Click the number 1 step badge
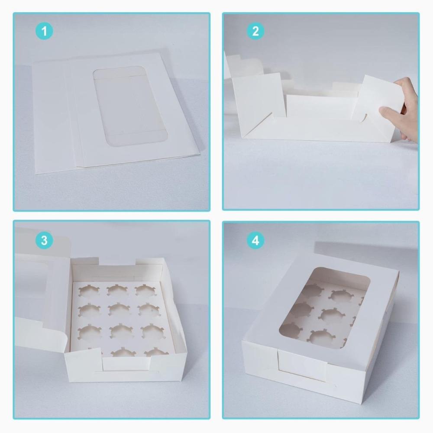(44, 31)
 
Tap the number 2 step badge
(255, 31)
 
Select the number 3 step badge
(44, 240)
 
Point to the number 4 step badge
(255, 240)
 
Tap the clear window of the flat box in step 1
(130, 107)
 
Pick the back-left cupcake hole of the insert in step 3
(89, 291)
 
